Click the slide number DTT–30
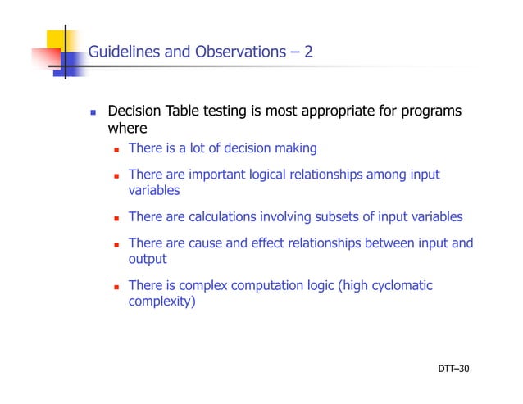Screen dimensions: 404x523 [453, 370]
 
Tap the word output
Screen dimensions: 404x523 [148, 259]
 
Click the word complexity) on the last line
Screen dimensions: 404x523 [162, 301]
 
